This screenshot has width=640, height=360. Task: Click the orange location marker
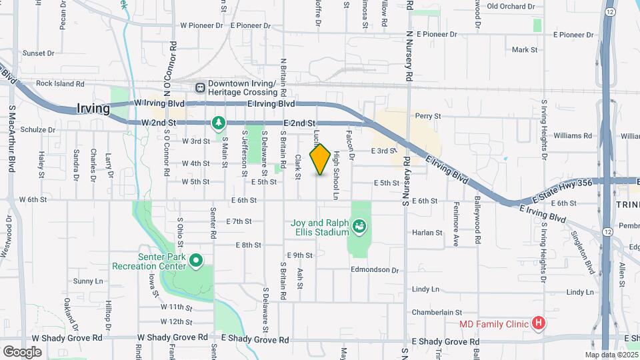[320, 159]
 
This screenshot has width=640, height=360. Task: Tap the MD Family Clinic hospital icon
[539, 325]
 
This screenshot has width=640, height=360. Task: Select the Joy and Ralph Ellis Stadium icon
[360, 227]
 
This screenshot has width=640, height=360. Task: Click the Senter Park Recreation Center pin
[196, 261]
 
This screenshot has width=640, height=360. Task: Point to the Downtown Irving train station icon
[199, 87]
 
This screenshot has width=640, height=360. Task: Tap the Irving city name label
[92, 109]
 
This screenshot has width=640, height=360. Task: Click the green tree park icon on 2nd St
[218, 123]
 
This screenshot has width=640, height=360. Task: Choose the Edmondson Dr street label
[375, 270]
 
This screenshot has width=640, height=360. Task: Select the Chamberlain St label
[437, 312]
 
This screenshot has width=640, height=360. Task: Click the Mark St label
[524, 50]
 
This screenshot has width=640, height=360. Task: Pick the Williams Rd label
[573, 135]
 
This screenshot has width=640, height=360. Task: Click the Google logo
[22, 351]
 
